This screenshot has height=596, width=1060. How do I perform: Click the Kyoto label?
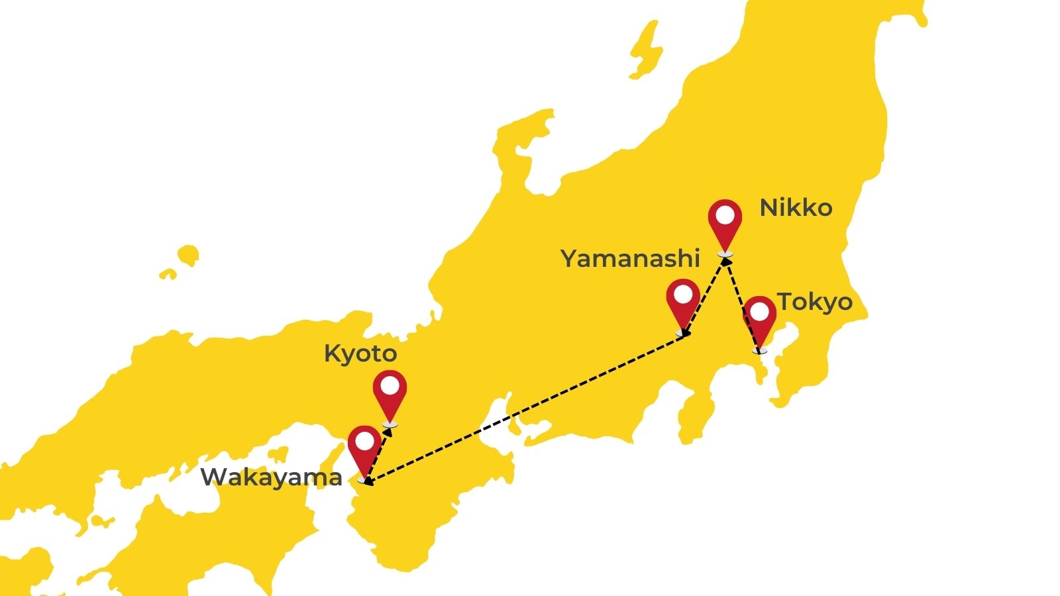[x=360, y=354]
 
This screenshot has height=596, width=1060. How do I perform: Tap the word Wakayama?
[x=271, y=477]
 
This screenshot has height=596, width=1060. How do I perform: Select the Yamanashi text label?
[x=630, y=258]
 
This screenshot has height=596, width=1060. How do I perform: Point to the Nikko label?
[x=796, y=208]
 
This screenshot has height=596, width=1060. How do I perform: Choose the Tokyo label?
[x=815, y=302]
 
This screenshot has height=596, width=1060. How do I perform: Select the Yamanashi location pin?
[x=683, y=300]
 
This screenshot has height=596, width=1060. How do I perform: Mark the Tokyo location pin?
[x=759, y=319]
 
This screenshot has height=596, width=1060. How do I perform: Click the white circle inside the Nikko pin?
[x=725, y=216]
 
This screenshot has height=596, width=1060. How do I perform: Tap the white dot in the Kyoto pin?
[x=390, y=385]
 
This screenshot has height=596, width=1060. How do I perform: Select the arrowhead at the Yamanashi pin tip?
[x=685, y=332]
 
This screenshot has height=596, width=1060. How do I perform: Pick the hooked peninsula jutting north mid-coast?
[x=523, y=132]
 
